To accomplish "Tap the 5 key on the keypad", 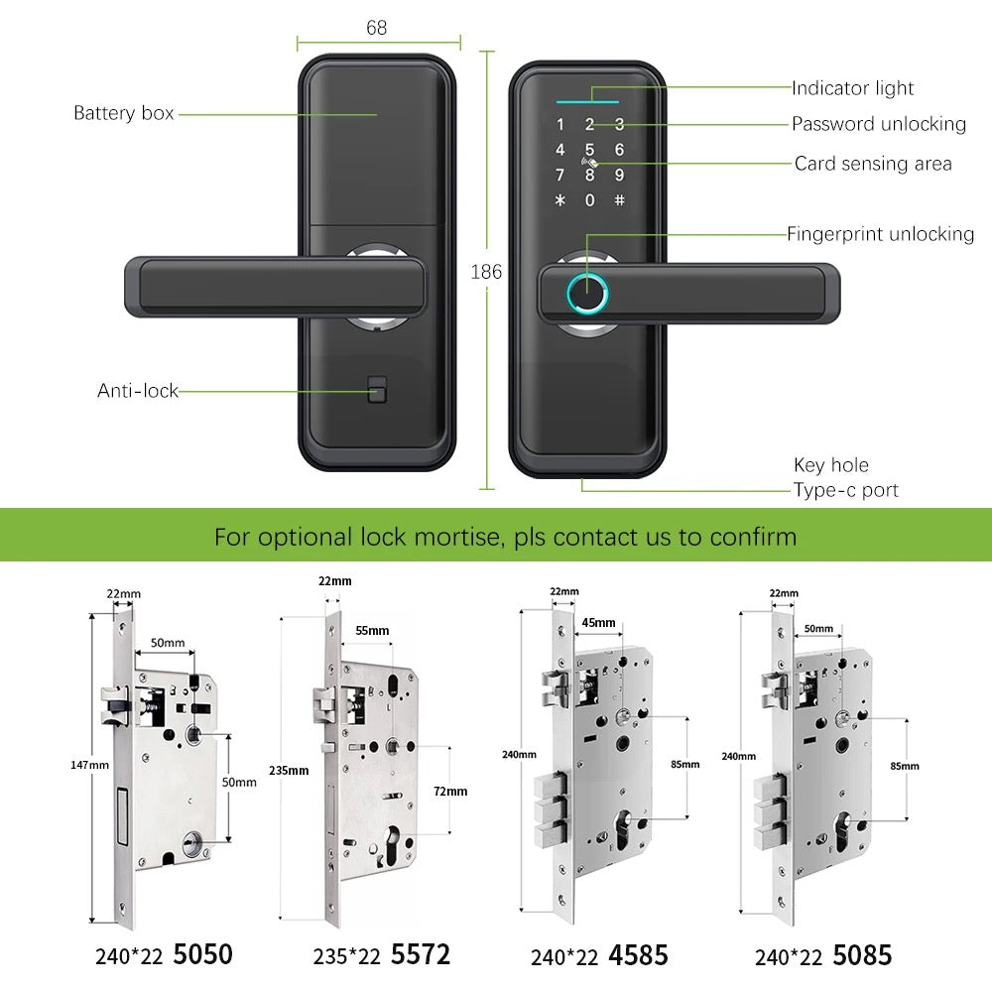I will pyautogui.click(x=589, y=150).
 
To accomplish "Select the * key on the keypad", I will pyautogui.click(x=559, y=199).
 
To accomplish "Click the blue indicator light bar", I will pyautogui.click(x=588, y=100).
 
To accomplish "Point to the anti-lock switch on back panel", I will pyautogui.click(x=376, y=391).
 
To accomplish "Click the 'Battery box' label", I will pyautogui.click(x=124, y=113).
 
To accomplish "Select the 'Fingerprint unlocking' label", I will pyautogui.click(x=880, y=234).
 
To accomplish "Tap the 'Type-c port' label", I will pyautogui.click(x=845, y=490).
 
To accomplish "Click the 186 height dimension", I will pyautogui.click(x=486, y=272).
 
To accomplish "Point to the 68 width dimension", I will pyautogui.click(x=377, y=28).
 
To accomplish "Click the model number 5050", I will pyautogui.click(x=202, y=955).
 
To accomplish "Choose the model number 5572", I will pyautogui.click(x=421, y=955).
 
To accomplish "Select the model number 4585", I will pyautogui.click(x=639, y=956).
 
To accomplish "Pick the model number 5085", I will pyautogui.click(x=862, y=956).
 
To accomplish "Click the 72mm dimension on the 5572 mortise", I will pyautogui.click(x=450, y=791).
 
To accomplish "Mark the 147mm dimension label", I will pyautogui.click(x=90, y=765).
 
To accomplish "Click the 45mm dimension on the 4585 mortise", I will pyautogui.click(x=598, y=623).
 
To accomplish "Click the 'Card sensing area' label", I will pyautogui.click(x=873, y=164).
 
